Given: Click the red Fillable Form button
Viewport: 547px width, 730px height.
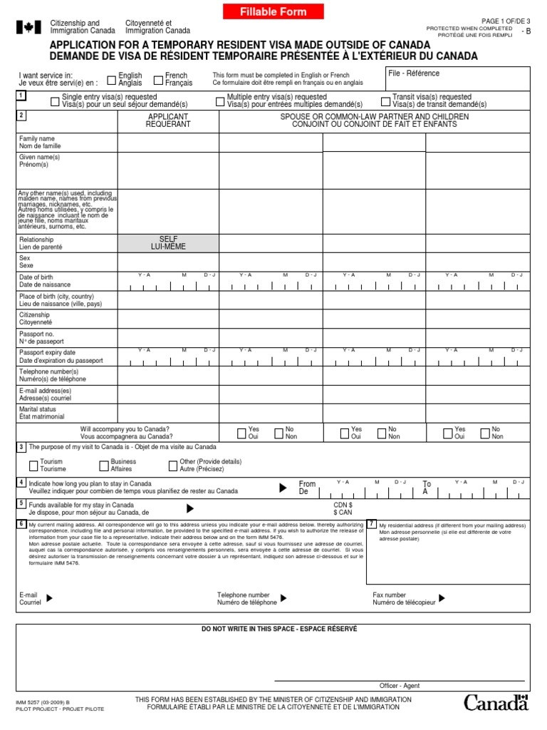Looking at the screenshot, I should [x=273, y=12].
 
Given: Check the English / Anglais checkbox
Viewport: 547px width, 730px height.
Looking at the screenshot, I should [x=112, y=79].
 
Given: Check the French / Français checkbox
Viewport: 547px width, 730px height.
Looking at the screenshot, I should [x=159, y=79].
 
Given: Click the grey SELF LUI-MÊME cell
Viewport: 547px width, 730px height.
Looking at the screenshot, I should [x=168, y=243].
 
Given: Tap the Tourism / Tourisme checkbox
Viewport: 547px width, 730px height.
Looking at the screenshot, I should [x=33, y=466].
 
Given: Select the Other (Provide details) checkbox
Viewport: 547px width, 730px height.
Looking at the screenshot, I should [x=172, y=466].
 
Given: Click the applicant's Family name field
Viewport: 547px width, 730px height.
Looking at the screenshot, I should [x=168, y=143].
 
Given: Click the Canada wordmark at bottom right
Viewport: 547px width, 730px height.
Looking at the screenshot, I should [x=496, y=703].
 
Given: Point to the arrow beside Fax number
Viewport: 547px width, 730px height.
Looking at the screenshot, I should [x=442, y=598].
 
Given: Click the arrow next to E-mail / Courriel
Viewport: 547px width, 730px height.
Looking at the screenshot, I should [x=49, y=598].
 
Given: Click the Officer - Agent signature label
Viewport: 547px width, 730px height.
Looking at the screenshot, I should [x=399, y=686].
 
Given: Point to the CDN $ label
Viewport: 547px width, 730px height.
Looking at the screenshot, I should [x=343, y=505].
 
